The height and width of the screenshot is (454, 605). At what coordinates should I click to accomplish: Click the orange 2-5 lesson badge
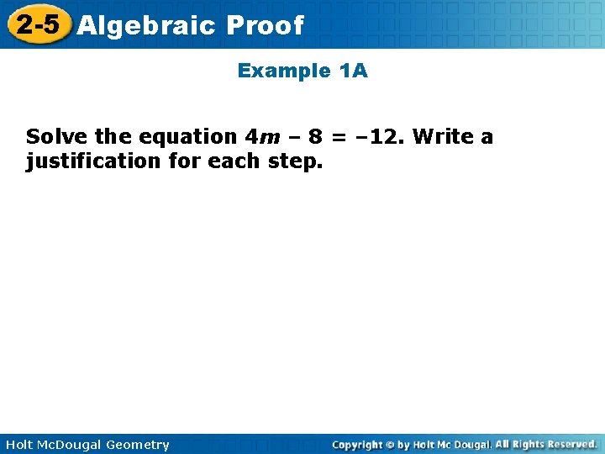click(x=37, y=24)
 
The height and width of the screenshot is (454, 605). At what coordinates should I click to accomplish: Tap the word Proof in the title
click(x=264, y=26)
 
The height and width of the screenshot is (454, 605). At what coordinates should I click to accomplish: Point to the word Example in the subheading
click(x=284, y=71)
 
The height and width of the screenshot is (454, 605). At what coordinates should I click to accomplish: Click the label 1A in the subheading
click(x=353, y=71)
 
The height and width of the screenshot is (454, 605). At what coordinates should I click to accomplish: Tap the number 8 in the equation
click(x=316, y=136)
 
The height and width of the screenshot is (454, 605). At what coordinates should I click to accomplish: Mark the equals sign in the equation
click(x=339, y=136)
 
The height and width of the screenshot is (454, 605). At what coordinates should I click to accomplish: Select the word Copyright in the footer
click(x=356, y=445)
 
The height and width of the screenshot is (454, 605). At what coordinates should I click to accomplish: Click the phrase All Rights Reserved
click(x=546, y=444)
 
